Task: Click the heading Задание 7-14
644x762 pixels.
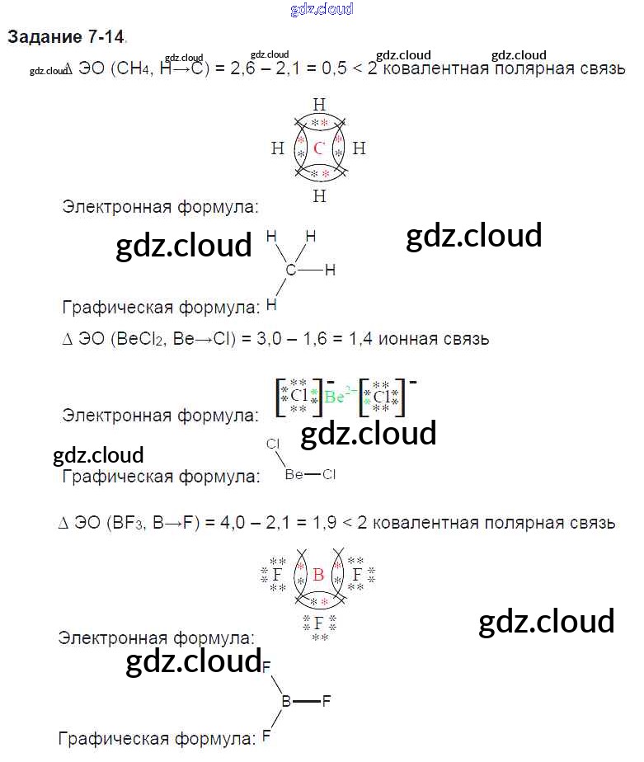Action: coord(66,37)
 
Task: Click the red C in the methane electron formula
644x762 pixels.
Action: coord(320,149)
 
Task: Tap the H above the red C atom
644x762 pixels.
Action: coord(319,104)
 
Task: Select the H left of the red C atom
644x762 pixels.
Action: coord(277,149)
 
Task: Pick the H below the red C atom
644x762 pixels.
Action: coord(319,196)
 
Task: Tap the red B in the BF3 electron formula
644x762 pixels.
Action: coord(318,576)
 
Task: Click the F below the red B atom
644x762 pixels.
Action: coord(318,623)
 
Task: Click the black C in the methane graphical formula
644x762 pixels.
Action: coord(290,270)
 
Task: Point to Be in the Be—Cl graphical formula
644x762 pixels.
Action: coord(294,474)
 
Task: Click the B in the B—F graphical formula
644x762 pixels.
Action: coord(287,702)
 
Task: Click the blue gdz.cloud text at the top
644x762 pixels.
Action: coord(322,10)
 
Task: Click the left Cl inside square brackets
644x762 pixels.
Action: coord(298,395)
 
